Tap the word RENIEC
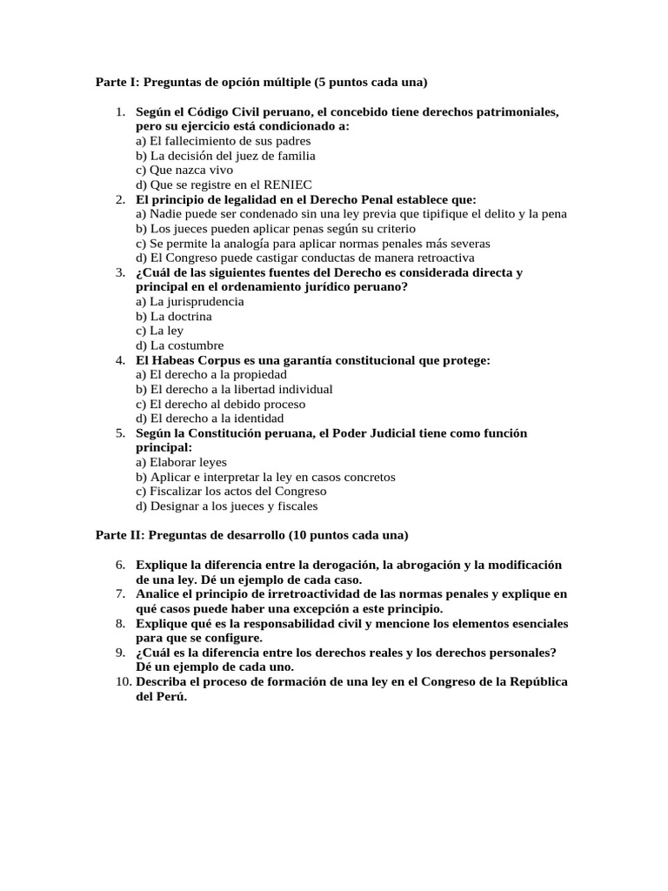(288, 185)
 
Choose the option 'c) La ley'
(160, 331)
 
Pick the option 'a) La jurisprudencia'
(190, 301)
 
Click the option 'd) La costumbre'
(179, 345)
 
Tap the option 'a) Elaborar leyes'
(181, 462)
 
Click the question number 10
(122, 681)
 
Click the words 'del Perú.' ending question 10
(162, 696)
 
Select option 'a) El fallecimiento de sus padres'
(223, 141)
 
